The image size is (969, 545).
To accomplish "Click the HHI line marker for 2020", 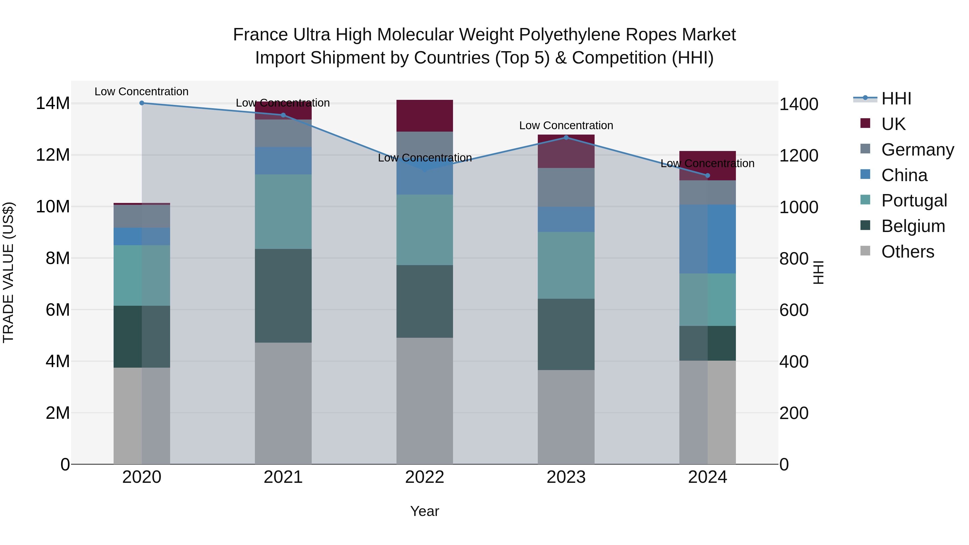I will [x=142, y=103].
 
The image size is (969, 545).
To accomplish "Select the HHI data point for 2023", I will [x=566, y=138].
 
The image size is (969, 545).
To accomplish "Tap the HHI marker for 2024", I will [x=708, y=176].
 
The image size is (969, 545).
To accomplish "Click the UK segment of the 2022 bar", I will [x=425, y=115].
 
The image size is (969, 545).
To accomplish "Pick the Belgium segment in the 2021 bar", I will [x=283, y=296].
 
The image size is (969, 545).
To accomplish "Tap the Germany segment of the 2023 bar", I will [x=566, y=187].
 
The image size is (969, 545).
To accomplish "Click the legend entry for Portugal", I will [x=914, y=201].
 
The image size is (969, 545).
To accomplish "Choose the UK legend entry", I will [x=893, y=124].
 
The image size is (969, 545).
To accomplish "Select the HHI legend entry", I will [x=896, y=99].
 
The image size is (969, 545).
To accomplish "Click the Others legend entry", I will [x=907, y=252].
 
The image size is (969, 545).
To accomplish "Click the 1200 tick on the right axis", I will [x=799, y=155].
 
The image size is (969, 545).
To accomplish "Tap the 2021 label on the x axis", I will [x=283, y=477].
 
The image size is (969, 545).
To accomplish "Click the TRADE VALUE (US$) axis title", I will [x=9, y=272].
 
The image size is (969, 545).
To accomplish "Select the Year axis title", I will [x=425, y=511].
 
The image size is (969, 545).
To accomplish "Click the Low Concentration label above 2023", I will [x=566, y=126].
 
